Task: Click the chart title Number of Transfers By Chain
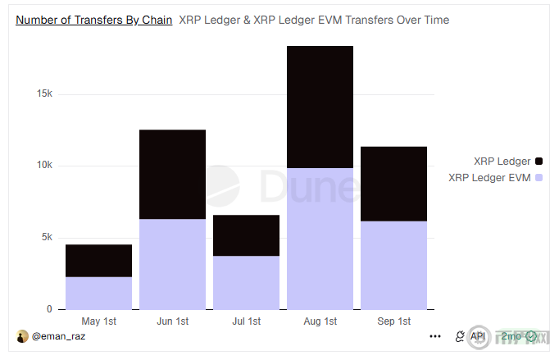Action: [x=94, y=20]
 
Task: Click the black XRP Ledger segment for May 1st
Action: [x=99, y=260]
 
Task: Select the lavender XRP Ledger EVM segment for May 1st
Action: [x=99, y=293]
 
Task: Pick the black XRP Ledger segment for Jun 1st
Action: [x=172, y=174]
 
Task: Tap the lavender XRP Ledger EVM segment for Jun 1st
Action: [x=172, y=264]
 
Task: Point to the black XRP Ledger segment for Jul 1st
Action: [x=246, y=235]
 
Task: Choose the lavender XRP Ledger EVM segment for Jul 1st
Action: [x=246, y=283]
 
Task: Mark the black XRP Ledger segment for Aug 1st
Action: [x=320, y=107]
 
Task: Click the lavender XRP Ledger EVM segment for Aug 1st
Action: [x=320, y=239]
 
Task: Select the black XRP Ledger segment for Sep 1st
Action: [x=393, y=184]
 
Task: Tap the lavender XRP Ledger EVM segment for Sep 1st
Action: [x=393, y=265]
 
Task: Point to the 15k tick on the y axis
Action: [x=44, y=93]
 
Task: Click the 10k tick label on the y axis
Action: [x=44, y=166]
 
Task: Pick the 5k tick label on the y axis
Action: [x=47, y=238]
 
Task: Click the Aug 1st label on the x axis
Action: [x=320, y=321]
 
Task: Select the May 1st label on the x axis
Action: [x=99, y=321]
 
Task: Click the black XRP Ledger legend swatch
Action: [x=539, y=162]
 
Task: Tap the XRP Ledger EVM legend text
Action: [x=489, y=177]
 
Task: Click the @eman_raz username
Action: [x=58, y=336]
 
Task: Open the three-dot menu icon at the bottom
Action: [x=435, y=336]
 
